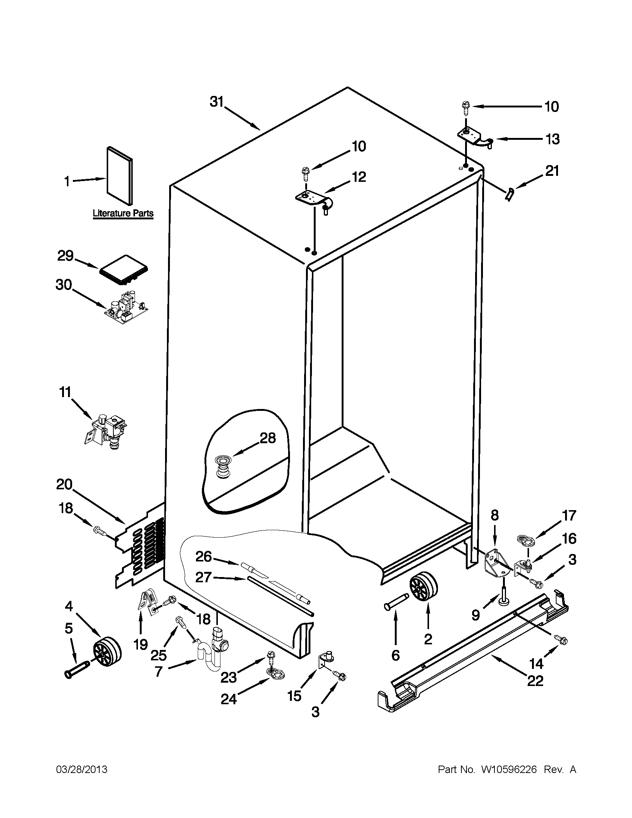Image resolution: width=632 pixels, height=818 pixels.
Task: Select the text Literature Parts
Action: click(x=123, y=213)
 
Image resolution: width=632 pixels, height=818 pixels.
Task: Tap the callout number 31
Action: click(x=216, y=102)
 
